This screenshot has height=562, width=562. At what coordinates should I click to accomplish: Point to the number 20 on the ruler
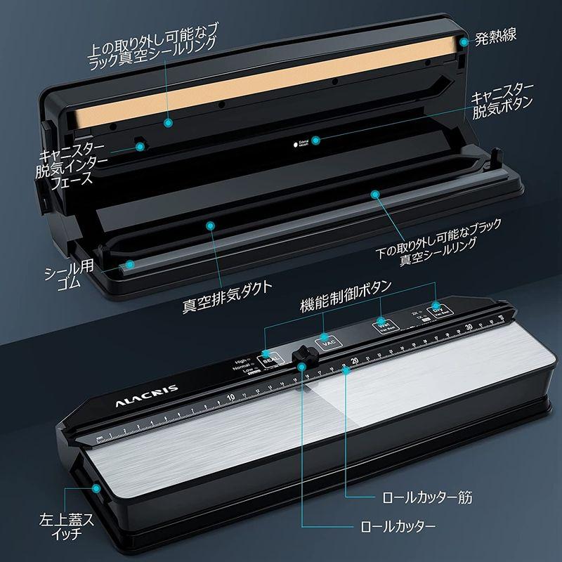pyautogui.click(x=355, y=361)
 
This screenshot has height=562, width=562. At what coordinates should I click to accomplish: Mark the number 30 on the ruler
pyautogui.click(x=468, y=328)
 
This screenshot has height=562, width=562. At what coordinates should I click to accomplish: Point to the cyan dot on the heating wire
pyautogui.click(x=464, y=43)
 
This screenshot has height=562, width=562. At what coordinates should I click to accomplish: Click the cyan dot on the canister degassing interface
pyautogui.click(x=140, y=146)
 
